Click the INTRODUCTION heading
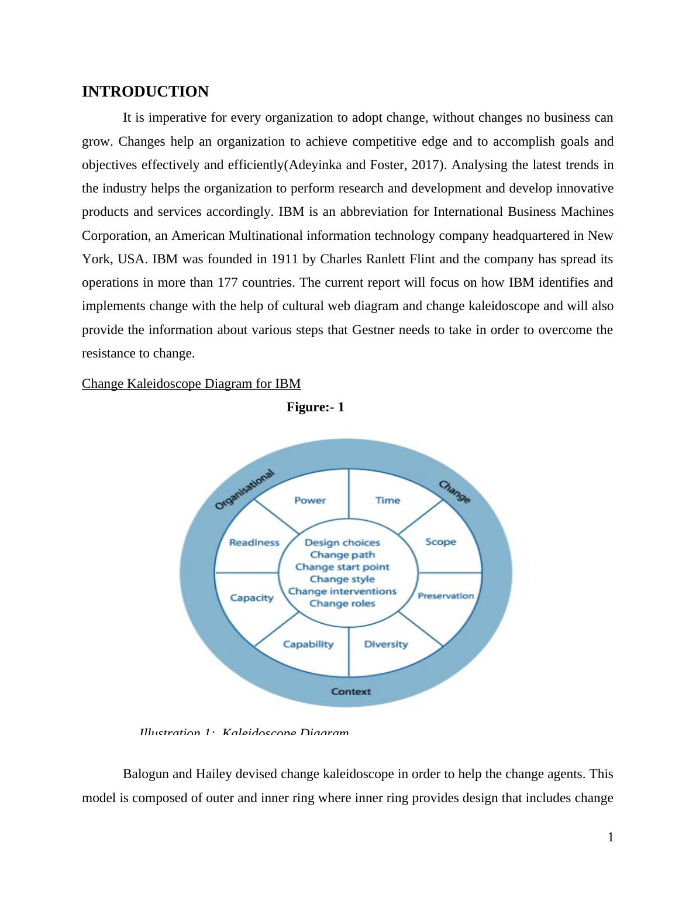(x=145, y=92)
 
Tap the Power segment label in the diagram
(x=310, y=500)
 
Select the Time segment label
(x=388, y=500)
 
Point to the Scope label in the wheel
(x=440, y=542)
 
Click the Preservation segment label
(x=446, y=596)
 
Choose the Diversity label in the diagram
(x=386, y=644)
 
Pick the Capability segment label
(x=308, y=644)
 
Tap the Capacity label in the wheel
(x=251, y=598)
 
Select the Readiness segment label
(x=254, y=542)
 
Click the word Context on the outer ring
(x=351, y=692)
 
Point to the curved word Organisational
(x=244, y=490)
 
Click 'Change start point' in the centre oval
(x=342, y=567)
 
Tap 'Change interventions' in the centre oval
(x=342, y=592)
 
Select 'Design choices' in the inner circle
(x=342, y=543)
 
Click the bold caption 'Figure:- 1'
(x=315, y=407)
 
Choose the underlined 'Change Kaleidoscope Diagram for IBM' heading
(x=191, y=384)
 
